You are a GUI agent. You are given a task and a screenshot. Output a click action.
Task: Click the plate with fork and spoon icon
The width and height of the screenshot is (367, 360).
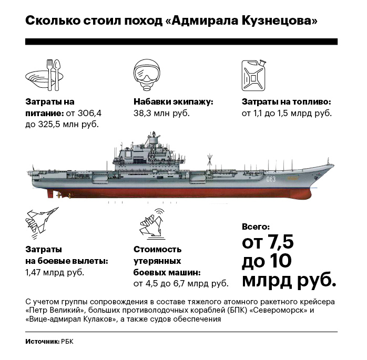click(45, 75)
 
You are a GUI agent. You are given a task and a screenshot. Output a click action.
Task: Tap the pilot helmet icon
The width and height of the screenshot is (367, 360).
click(147, 75)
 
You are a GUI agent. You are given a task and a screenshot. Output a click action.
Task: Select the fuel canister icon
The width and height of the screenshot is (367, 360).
click(254, 75)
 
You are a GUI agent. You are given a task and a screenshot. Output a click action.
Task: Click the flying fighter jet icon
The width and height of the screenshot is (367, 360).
click(42, 223)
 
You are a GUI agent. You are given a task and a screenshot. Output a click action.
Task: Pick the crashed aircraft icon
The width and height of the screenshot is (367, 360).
click(152, 224)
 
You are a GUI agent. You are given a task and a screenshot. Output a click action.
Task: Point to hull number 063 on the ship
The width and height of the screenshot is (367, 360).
click(271, 179)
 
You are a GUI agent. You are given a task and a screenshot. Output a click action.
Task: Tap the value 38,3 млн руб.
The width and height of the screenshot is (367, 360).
click(161, 113)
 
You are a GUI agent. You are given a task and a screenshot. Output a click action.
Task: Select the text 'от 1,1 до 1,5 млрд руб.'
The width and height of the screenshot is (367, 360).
click(287, 113)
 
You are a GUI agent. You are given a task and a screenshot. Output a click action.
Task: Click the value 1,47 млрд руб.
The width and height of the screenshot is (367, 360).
click(55, 273)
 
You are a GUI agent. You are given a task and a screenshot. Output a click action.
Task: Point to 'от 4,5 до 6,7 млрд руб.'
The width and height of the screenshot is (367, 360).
click(181, 283)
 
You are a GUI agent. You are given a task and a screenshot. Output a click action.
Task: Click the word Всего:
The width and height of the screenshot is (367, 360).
click(256, 227)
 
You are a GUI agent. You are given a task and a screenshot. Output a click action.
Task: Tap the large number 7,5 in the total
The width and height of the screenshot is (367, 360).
click(280, 242)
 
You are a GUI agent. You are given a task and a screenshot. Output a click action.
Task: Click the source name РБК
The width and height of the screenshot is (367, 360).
click(67, 342)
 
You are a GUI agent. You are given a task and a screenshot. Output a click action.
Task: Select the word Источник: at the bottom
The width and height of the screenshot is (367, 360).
click(43, 342)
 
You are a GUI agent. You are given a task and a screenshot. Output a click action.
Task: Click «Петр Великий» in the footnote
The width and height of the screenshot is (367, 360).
click(55, 311)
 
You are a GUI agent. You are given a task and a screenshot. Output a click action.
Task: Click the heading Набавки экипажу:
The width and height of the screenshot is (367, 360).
click(174, 102)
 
